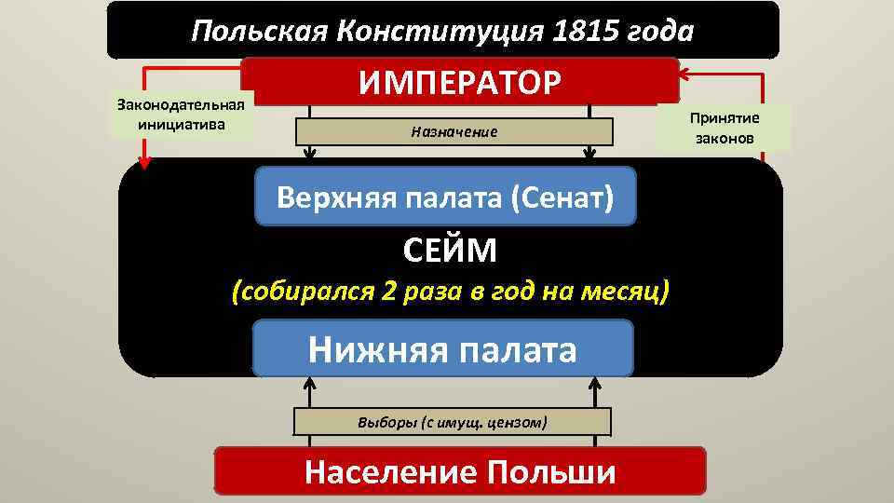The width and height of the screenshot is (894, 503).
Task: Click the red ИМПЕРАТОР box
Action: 460,81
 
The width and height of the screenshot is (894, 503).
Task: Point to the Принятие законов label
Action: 725,129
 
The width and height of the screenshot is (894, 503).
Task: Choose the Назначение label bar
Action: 454,132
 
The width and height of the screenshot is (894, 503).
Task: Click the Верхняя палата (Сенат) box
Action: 445,197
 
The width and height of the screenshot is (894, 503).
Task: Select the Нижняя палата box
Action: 443,349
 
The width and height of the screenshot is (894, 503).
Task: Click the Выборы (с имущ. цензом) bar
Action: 453,422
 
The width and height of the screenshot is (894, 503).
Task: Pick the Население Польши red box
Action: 460,471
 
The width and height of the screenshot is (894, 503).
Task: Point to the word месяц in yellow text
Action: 627,291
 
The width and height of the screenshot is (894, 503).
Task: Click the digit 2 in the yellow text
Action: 390,291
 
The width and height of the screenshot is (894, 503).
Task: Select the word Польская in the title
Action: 256,32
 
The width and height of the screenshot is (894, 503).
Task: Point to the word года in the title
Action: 661,32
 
